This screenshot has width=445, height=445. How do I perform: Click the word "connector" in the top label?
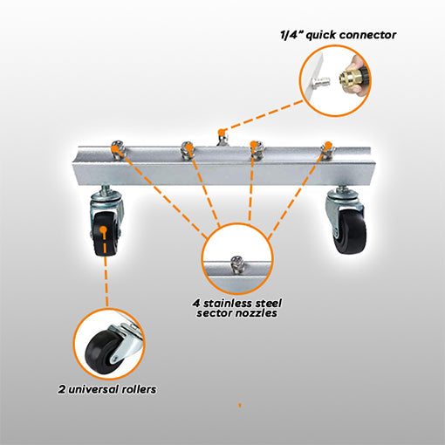coord(368,35)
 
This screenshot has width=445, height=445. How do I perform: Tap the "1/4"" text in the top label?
coord(291,35)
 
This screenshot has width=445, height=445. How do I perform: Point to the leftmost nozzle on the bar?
coord(118,148)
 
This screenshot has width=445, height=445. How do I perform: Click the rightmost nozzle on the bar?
coord(328,150)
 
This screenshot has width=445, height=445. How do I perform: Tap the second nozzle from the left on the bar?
coord(187,150)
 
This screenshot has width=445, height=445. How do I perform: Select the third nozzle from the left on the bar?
coord(257,149)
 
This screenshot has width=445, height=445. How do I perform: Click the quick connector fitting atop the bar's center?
coord(222,138)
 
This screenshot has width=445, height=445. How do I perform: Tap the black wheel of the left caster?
coord(106,234)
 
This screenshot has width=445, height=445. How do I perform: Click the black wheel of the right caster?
coord(349,230)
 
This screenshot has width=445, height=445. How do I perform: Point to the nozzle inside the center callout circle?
coord(237,264)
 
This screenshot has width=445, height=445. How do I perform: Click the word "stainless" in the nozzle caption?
coord(227,304)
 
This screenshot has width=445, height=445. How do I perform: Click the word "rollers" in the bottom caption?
coord(139,389)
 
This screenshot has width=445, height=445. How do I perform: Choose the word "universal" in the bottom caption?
coord(93,389)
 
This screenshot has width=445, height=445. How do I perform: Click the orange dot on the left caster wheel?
coord(103,229)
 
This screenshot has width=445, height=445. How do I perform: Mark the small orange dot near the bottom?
coord(240,405)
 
